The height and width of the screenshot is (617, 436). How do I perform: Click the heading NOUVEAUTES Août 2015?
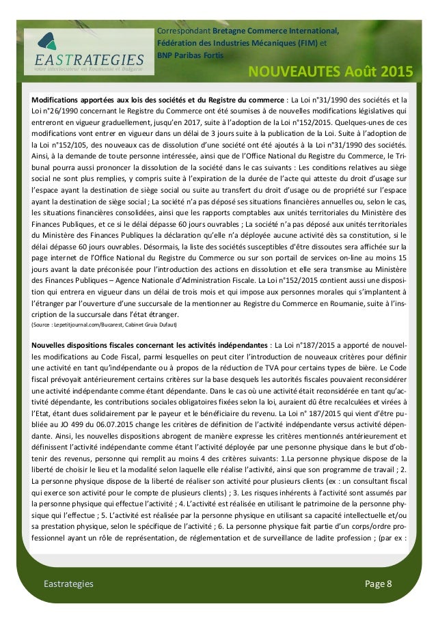click(329, 72)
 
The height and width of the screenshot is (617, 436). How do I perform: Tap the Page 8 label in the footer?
click(379, 583)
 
